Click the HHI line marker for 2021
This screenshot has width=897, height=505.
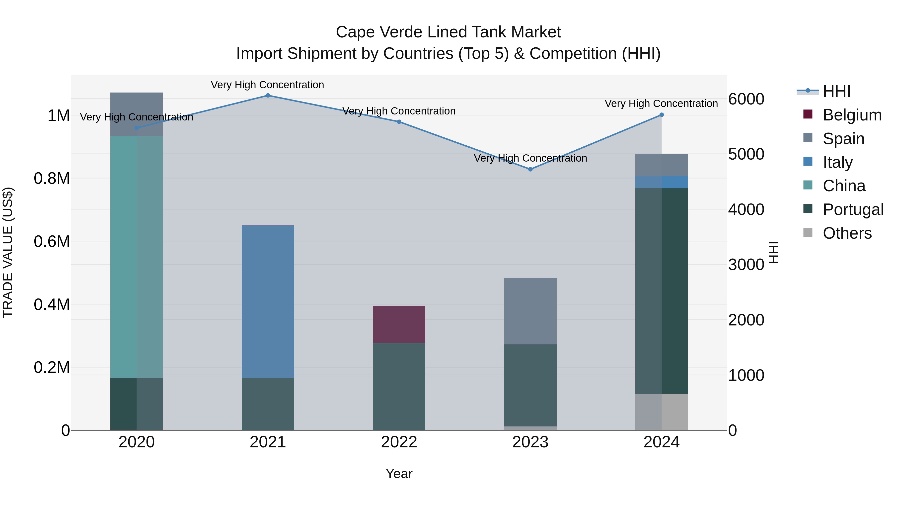click(268, 96)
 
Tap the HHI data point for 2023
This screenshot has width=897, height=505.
click(530, 169)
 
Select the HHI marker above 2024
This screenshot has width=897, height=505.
click(662, 115)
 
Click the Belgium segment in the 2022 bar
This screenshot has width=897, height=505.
click(399, 324)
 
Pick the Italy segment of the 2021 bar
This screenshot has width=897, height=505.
click(268, 302)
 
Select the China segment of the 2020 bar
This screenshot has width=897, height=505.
click(137, 257)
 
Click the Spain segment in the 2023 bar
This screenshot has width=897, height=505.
click(530, 311)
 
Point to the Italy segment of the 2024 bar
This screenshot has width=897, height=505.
click(662, 182)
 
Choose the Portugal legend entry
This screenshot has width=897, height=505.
click(853, 209)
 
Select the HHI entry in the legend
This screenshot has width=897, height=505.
click(836, 91)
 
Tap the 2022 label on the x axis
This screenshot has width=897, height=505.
click(399, 442)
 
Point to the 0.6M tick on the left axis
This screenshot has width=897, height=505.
click(52, 241)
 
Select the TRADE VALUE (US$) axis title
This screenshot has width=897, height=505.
click(8, 252)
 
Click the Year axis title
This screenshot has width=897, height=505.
click(399, 474)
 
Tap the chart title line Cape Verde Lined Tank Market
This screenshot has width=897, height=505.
click(448, 32)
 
